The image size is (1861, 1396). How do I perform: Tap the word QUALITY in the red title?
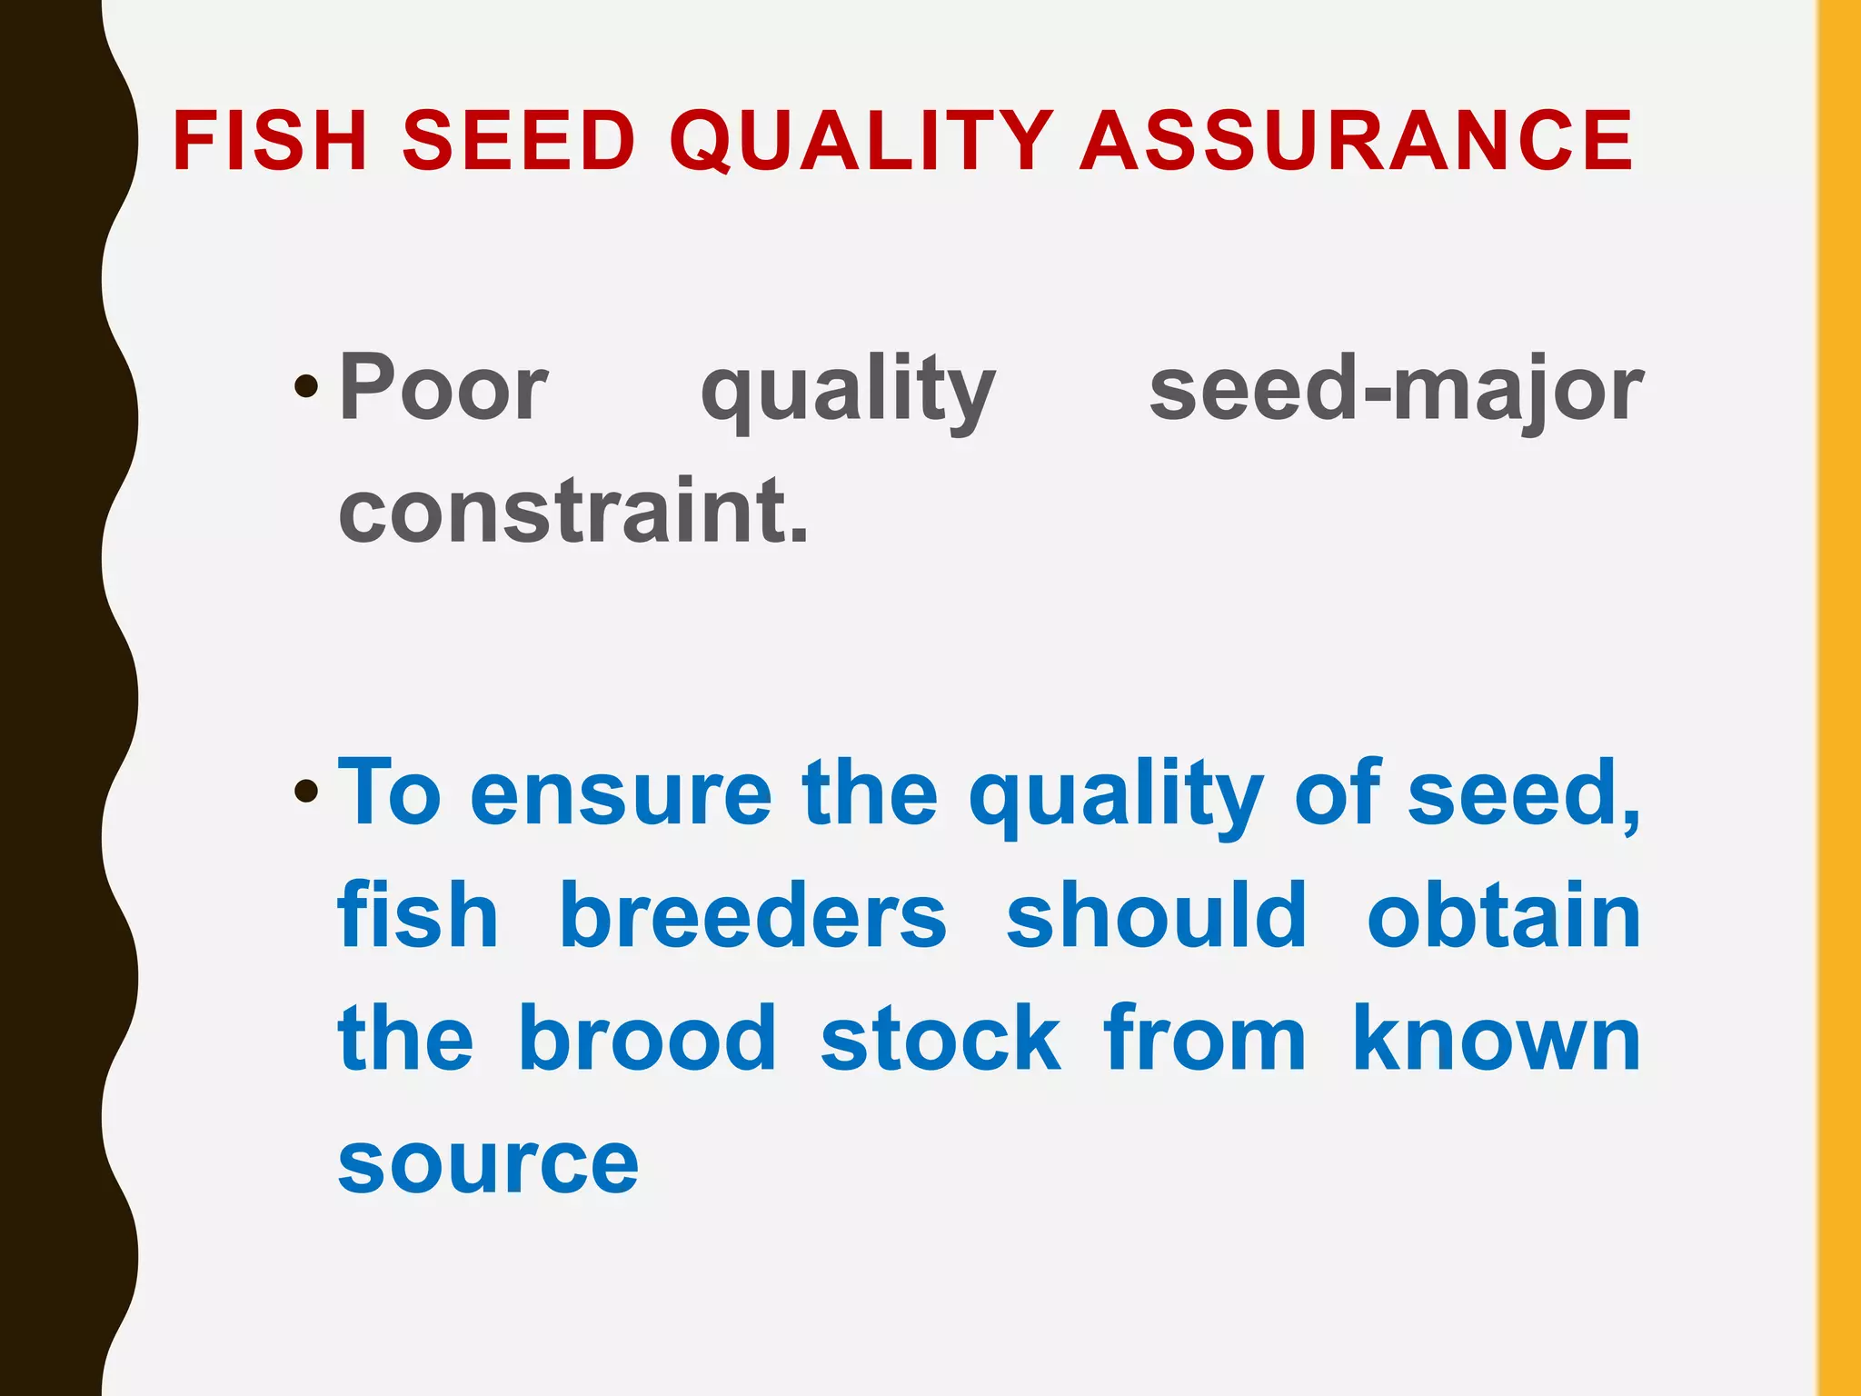861,141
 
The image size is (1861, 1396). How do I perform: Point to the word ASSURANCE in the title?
1356,141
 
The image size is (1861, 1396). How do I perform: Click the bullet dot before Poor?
306,388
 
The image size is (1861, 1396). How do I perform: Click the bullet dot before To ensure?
306,792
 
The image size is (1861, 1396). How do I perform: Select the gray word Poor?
443,389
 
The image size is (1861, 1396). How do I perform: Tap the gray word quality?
848,393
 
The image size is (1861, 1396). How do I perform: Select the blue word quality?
1115,798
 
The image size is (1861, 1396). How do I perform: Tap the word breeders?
752,916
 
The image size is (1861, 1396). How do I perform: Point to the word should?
1156,916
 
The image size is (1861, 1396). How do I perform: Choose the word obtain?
1504,916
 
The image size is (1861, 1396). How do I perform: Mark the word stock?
940,1038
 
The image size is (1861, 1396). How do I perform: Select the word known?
1496,1038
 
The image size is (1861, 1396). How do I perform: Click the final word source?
488,1165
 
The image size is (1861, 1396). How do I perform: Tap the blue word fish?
417,916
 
